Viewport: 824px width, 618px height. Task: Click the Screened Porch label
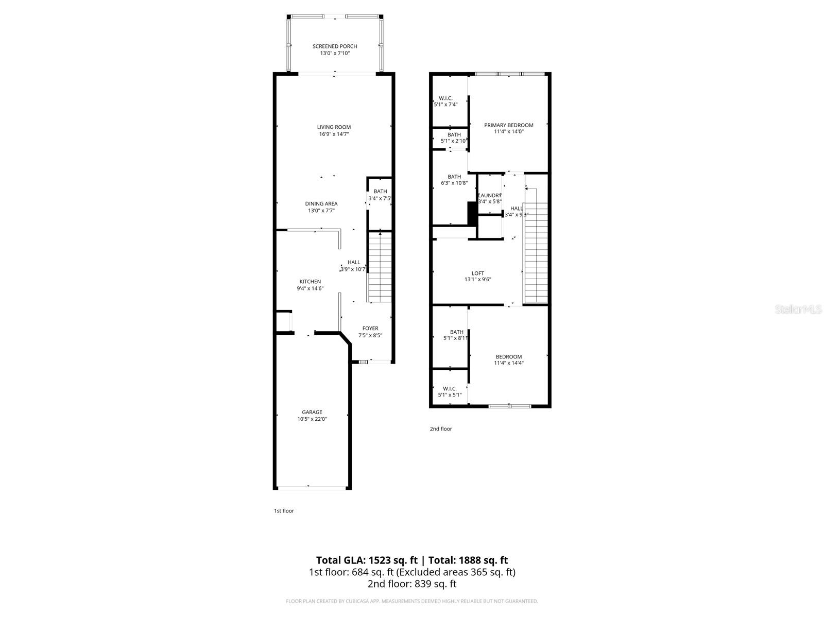point(335,46)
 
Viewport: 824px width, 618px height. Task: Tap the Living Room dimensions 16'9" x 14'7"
point(334,134)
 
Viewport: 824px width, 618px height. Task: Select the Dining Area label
point(321,203)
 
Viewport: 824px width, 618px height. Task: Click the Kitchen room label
point(310,282)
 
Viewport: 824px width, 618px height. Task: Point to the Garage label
point(312,412)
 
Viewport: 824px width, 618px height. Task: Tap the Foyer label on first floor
point(370,328)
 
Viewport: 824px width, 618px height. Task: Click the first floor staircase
point(380,268)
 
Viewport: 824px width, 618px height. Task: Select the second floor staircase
point(536,247)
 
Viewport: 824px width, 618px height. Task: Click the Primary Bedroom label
point(509,125)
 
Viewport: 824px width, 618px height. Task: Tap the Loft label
point(478,273)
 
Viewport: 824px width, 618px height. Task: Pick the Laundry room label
point(490,196)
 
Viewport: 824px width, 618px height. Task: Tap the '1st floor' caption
point(284,511)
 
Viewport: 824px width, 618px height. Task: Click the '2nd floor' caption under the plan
point(441,428)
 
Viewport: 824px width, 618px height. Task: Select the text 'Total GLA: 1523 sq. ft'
point(366,560)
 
